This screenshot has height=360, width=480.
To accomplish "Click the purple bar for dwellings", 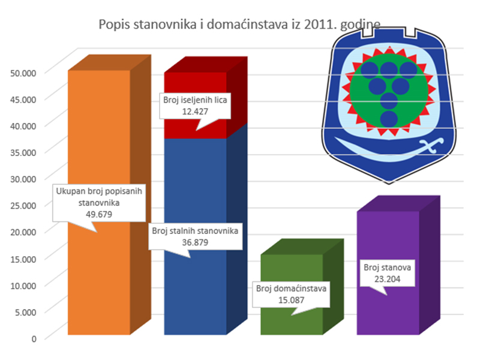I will click(x=387, y=312).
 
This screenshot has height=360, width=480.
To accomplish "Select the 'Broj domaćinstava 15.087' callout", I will click(x=291, y=293).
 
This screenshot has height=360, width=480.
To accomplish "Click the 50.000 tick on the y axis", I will click(x=24, y=72).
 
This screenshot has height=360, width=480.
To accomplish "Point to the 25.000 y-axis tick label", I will click(x=24, y=205).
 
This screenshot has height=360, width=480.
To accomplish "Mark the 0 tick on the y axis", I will click(x=35, y=338).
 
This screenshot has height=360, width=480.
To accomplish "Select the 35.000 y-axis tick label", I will click(x=24, y=152).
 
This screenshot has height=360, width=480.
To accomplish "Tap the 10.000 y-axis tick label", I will click(x=24, y=284).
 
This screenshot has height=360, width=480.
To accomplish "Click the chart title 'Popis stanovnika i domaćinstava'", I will click(x=198, y=25).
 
